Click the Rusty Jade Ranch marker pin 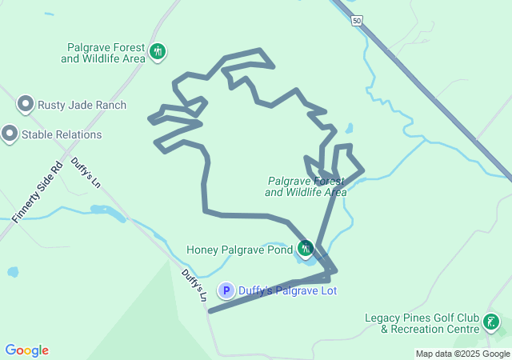click(x=26, y=105)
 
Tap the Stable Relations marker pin click(x=10, y=134)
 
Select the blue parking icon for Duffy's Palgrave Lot click(x=227, y=291)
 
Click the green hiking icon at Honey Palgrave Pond click(x=305, y=249)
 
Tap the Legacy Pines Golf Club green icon click(x=490, y=323)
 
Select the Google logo click(x=26, y=350)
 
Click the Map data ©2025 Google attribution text click(x=462, y=354)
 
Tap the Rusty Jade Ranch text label click(x=83, y=106)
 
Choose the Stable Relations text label click(x=62, y=134)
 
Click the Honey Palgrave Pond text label click(x=239, y=250)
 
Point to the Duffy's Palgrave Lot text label click(x=287, y=291)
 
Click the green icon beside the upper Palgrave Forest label click(x=158, y=53)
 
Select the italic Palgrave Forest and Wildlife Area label click(x=306, y=186)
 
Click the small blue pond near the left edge click(x=13, y=272)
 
